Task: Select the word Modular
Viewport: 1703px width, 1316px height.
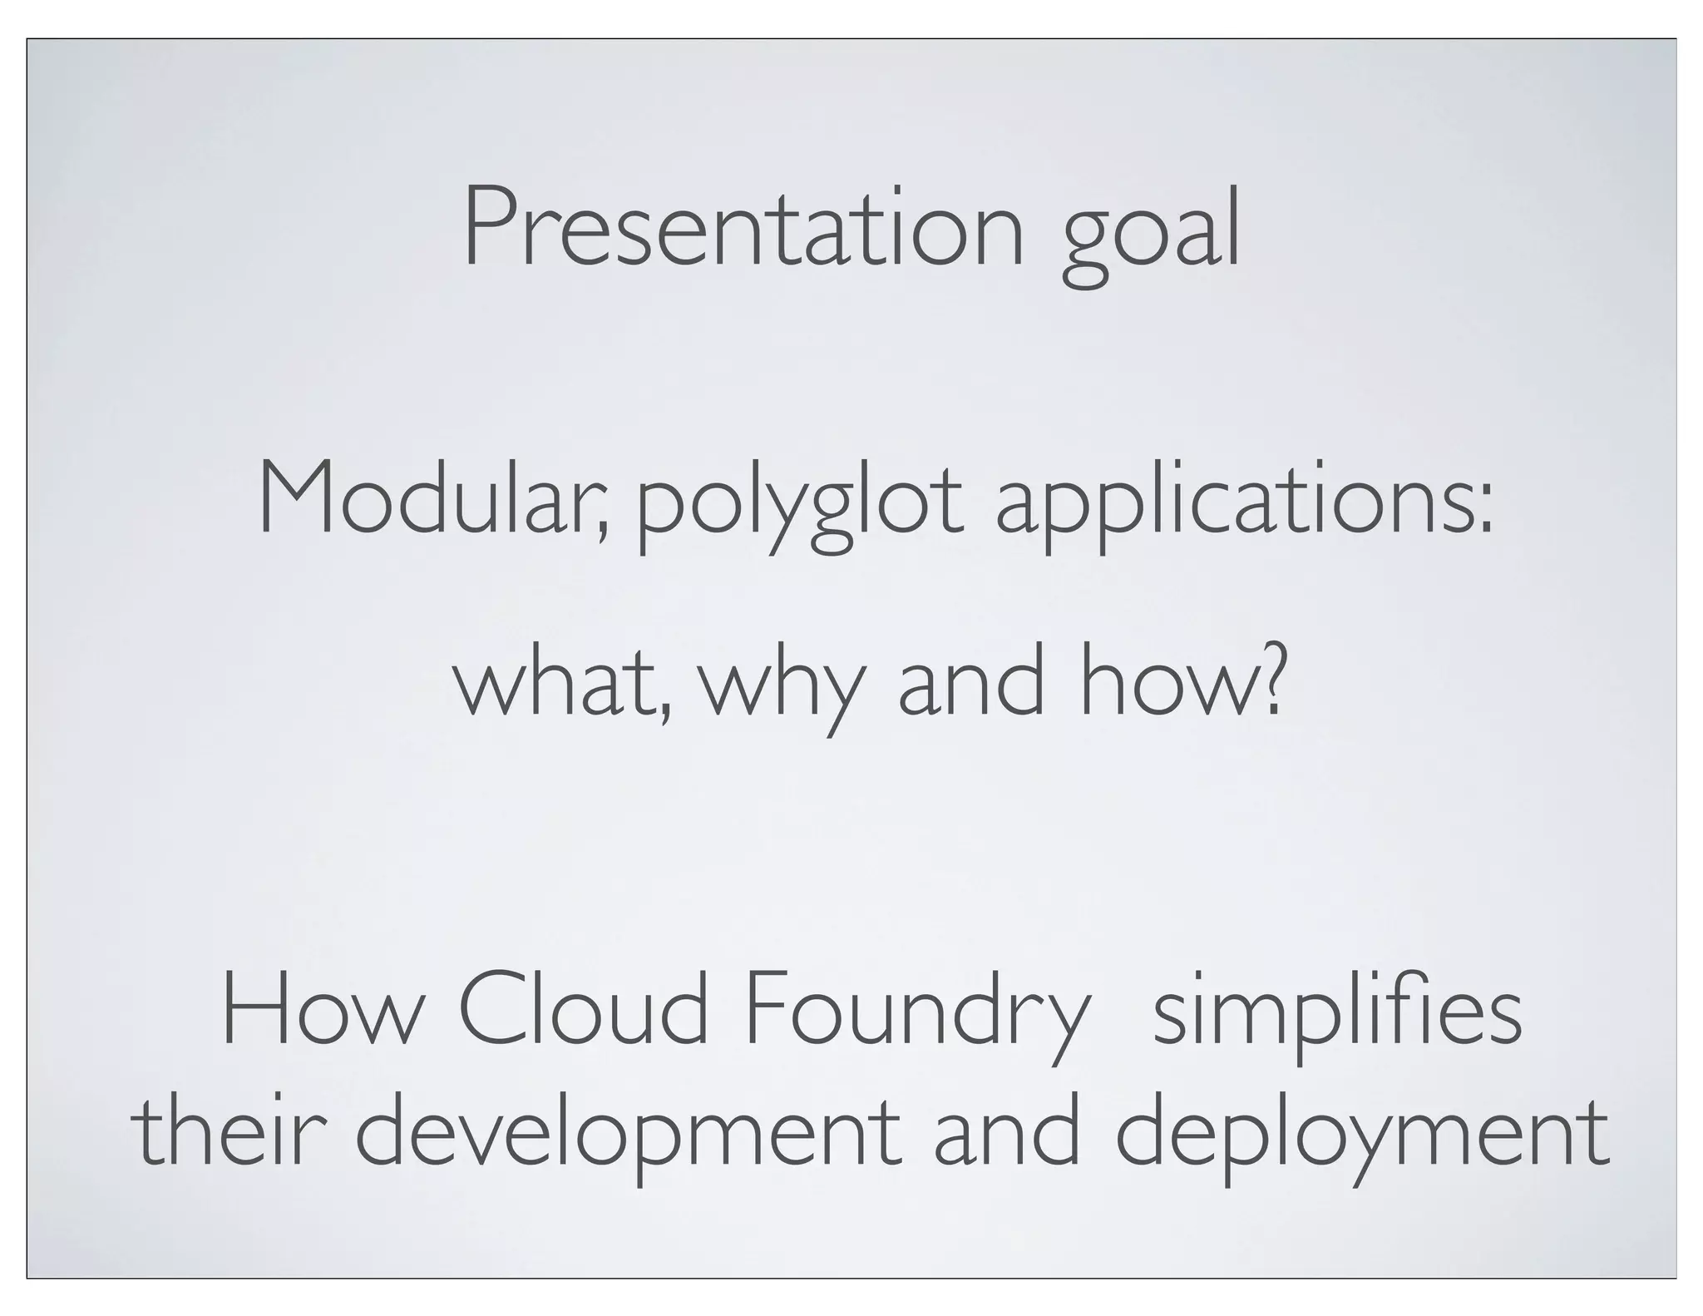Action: pyautogui.click(x=432, y=499)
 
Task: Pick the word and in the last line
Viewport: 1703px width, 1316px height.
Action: pyautogui.click(x=1007, y=1132)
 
